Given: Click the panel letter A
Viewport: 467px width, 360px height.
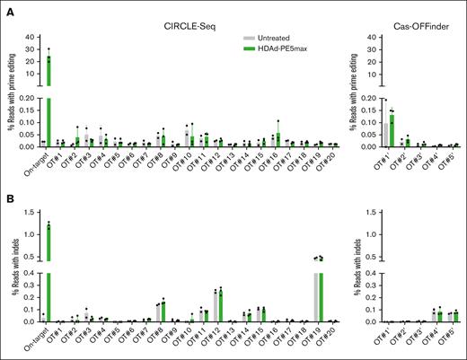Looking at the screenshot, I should point(7,7).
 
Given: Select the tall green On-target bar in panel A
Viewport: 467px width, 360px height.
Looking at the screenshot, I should point(48,99).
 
